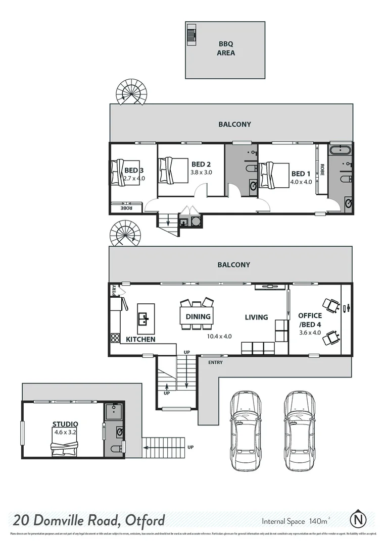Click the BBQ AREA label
225,48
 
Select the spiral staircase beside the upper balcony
133,92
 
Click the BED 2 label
201,164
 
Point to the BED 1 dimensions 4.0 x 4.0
301,182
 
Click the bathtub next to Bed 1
341,150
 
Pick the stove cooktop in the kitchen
115,338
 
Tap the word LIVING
256,317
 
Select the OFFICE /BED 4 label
310,319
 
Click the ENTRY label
215,362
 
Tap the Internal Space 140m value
296,520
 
